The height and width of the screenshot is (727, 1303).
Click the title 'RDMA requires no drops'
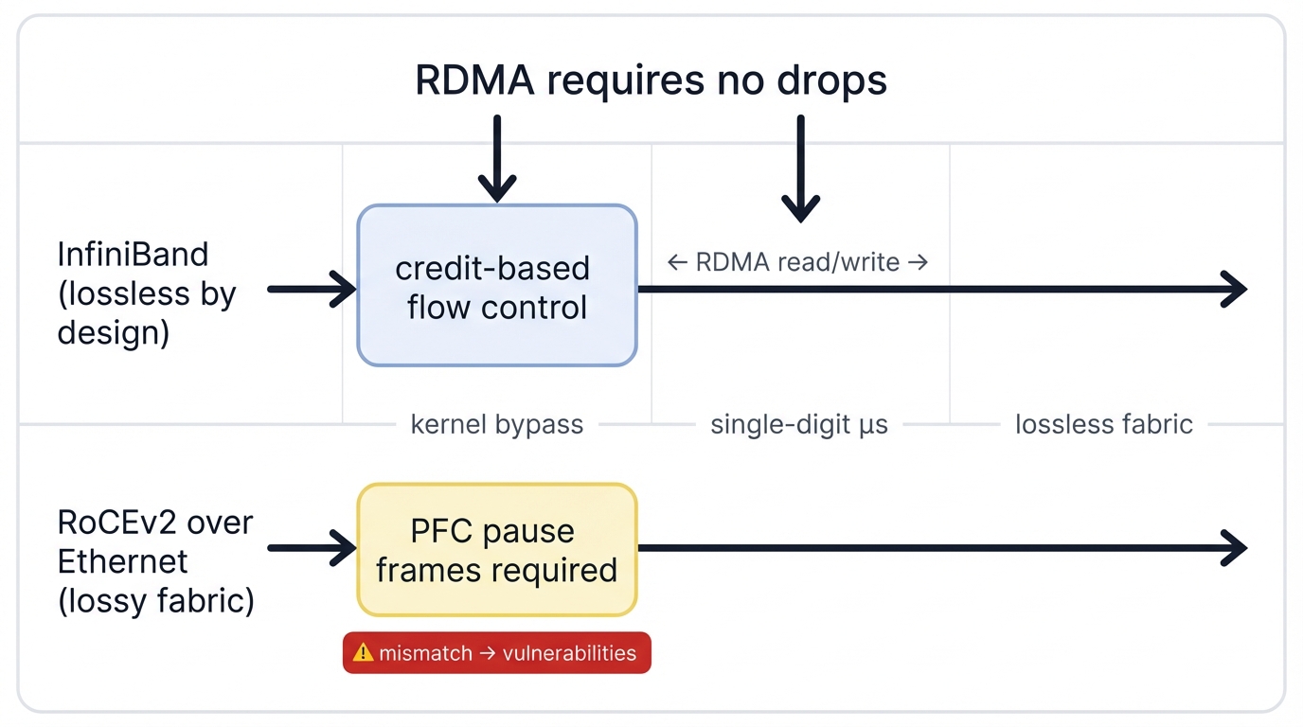(651, 80)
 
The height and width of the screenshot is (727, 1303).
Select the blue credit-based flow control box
(496, 286)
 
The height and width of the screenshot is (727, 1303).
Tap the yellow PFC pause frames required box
(496, 550)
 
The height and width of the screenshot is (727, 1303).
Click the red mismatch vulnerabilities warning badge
(496, 653)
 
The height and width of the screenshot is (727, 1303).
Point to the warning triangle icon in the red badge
(363, 652)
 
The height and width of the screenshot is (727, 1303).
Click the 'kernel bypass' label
(496, 424)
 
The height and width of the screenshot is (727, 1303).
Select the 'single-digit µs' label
(799, 424)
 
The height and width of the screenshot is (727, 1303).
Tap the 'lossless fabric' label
(1103, 424)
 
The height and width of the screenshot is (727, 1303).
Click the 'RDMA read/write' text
(797, 262)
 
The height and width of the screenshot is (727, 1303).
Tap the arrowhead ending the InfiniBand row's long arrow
(1235, 289)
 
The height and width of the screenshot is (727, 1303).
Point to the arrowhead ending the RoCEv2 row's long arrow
(1235, 548)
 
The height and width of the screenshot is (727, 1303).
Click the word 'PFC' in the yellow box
(440, 531)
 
